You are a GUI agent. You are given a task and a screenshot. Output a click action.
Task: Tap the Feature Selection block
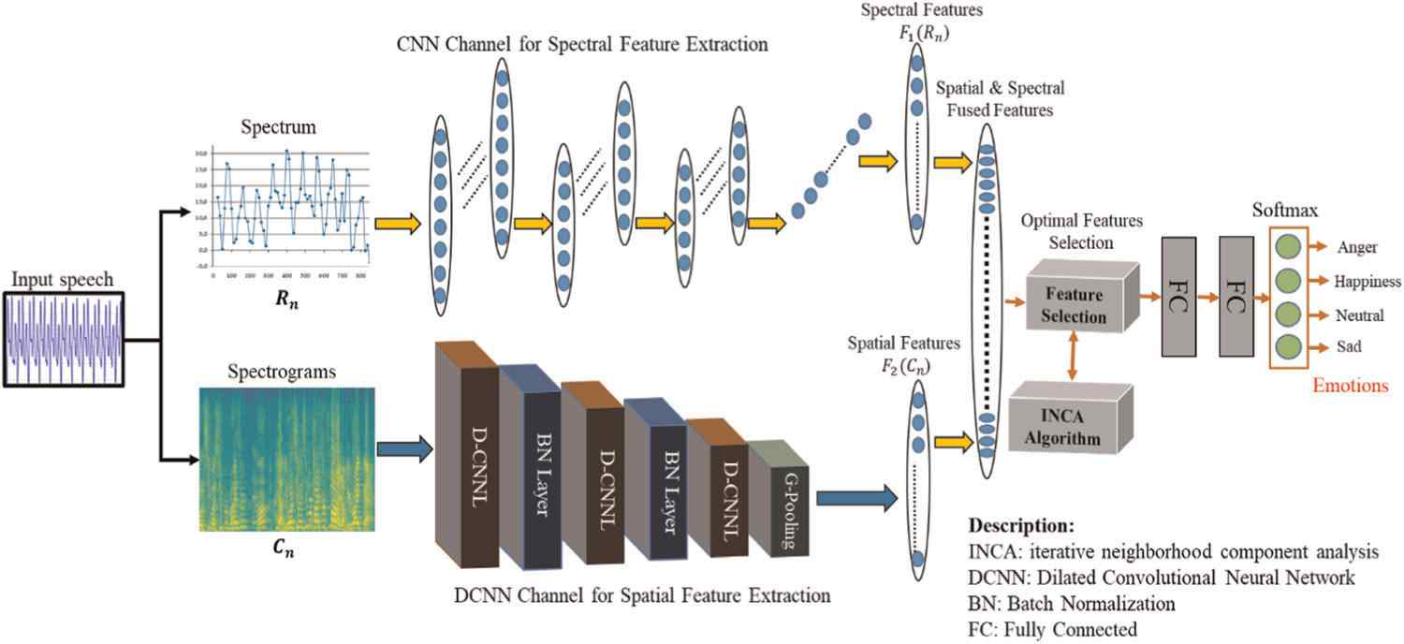(1075, 305)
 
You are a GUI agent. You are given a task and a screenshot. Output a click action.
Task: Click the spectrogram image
(286, 460)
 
